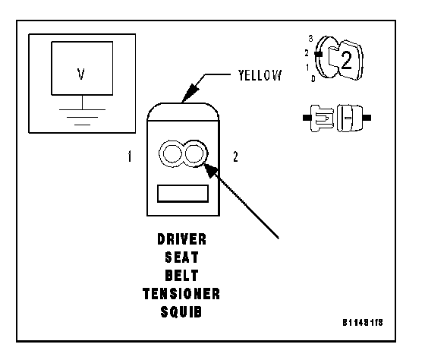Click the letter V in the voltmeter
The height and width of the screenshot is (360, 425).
80,74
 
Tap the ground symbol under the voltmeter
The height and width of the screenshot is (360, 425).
82,117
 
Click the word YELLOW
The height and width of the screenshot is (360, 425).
260,75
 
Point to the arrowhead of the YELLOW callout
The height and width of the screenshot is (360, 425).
189,93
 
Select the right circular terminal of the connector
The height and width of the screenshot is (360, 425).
194,153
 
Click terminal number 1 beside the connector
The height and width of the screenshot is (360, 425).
130,156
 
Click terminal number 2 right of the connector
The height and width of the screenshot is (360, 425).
235,156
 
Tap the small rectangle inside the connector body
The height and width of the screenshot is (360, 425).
183,194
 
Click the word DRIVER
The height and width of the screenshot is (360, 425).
181,239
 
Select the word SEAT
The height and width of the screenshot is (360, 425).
181,257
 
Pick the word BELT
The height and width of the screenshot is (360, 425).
181,276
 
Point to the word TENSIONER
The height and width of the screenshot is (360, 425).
181,294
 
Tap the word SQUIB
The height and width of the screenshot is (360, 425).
181,312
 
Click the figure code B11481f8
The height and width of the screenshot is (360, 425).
363,323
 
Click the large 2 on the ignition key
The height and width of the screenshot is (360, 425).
346,60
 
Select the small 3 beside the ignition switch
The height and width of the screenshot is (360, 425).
310,39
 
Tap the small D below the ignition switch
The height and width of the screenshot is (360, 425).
313,79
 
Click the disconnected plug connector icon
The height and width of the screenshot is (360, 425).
337,118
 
